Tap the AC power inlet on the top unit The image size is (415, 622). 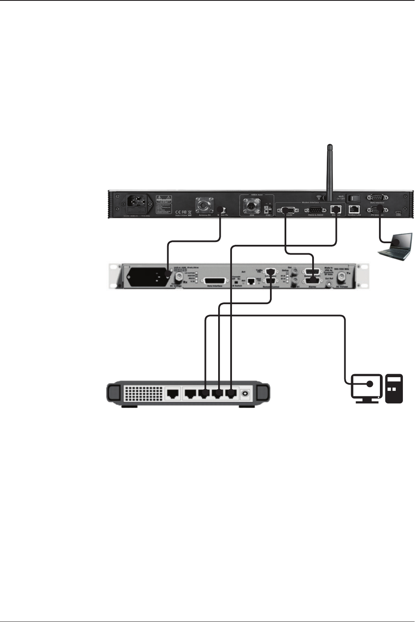click(137, 205)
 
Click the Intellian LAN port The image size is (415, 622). click(354, 210)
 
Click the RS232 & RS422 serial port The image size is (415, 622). click(316, 210)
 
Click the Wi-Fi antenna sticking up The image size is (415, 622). click(330, 171)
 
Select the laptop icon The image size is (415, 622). click(395, 247)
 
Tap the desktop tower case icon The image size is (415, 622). click(394, 389)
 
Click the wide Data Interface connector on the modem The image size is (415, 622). click(216, 282)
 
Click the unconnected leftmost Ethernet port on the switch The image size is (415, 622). click(173, 393)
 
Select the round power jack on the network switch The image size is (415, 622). click(246, 393)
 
